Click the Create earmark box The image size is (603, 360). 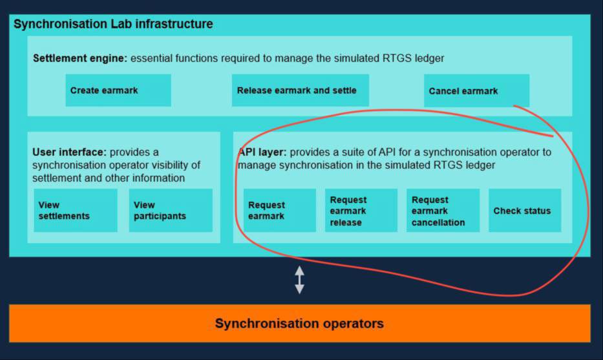pyautogui.click(x=118, y=90)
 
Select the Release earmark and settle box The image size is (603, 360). pyautogui.click(x=300, y=90)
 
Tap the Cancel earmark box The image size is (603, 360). pyautogui.click(x=476, y=91)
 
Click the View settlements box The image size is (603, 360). pyautogui.click(x=76, y=211)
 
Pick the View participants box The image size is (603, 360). pyautogui.click(x=171, y=211)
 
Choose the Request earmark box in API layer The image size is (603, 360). pyautogui.click(x=280, y=211)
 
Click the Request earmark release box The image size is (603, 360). pyautogui.click(x=361, y=211)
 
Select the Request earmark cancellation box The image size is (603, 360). pyautogui.click(x=443, y=211)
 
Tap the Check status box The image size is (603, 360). pyautogui.click(x=524, y=211)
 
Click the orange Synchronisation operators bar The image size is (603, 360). pyautogui.click(x=299, y=323)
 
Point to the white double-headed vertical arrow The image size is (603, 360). pyautogui.click(x=299, y=280)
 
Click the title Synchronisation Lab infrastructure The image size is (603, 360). pyautogui.click(x=113, y=25)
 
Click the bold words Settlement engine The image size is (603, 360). pyautogui.click(x=79, y=58)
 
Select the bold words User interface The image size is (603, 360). pyautogui.click(x=69, y=153)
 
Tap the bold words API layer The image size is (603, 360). pyautogui.click(x=262, y=153)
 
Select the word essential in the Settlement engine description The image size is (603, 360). pyautogui.click(x=153, y=58)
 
